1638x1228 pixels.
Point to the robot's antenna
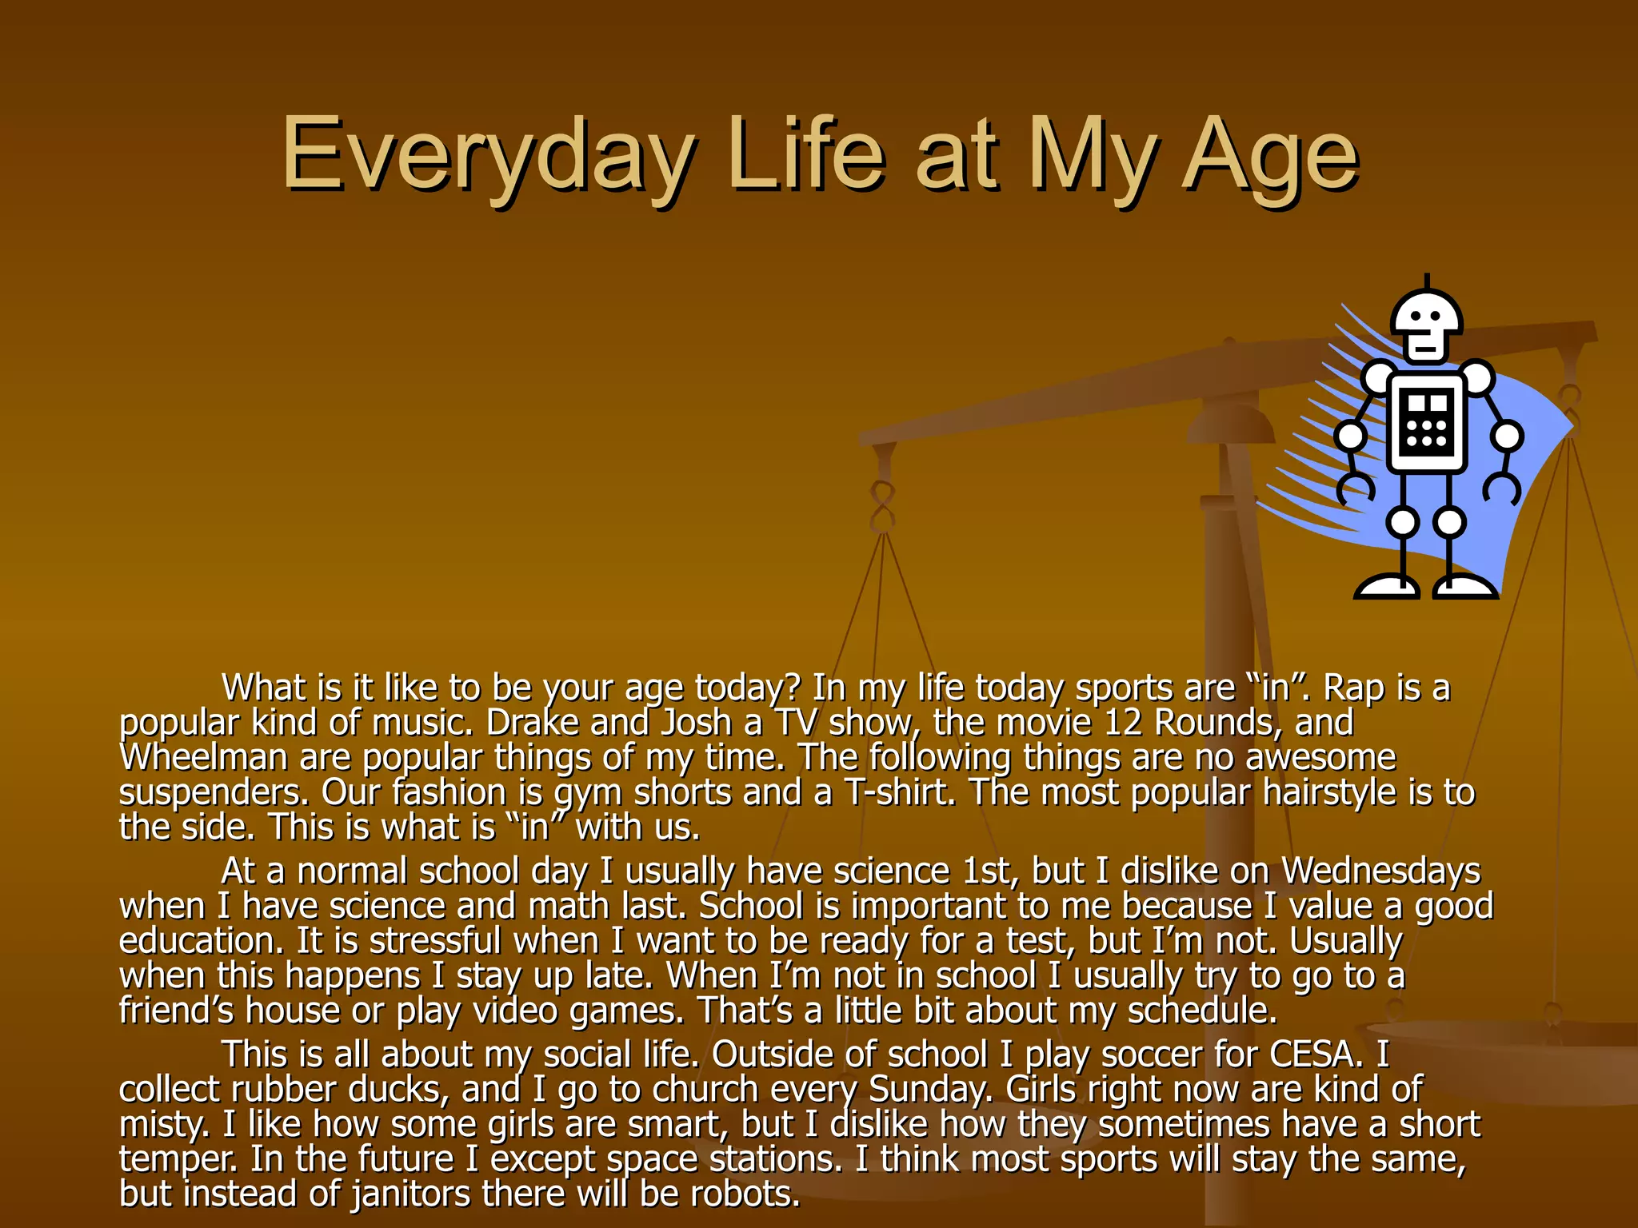tap(1427, 281)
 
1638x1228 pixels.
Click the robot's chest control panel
tap(1427, 423)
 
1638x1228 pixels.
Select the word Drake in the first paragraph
tap(532, 724)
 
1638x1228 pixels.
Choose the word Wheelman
tap(203, 758)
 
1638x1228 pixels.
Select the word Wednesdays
tap(1381, 871)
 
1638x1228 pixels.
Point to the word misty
tap(164, 1126)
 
